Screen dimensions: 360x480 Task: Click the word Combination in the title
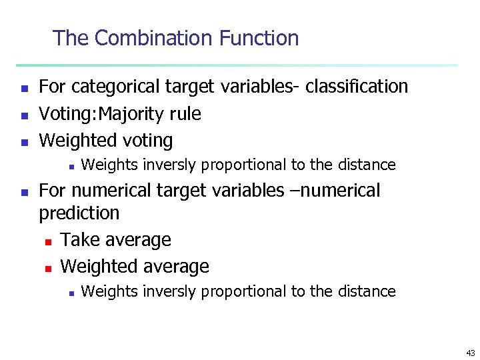pyautogui.click(x=155, y=38)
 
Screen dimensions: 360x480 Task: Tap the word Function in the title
pyautogui.click(x=261, y=38)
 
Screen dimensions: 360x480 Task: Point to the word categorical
pyautogui.click(x=111, y=87)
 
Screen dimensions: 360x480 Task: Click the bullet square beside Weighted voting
pyautogui.click(x=23, y=142)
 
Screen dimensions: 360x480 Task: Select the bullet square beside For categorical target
pyautogui.click(x=23, y=88)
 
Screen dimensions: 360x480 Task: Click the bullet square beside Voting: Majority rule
pyautogui.click(x=23, y=115)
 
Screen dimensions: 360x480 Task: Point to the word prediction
pyautogui.click(x=79, y=213)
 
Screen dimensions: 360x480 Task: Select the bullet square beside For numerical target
pyautogui.click(x=23, y=192)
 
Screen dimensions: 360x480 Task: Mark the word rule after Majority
pyautogui.click(x=185, y=114)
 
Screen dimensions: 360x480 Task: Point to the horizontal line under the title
pyautogui.click(x=237, y=65)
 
